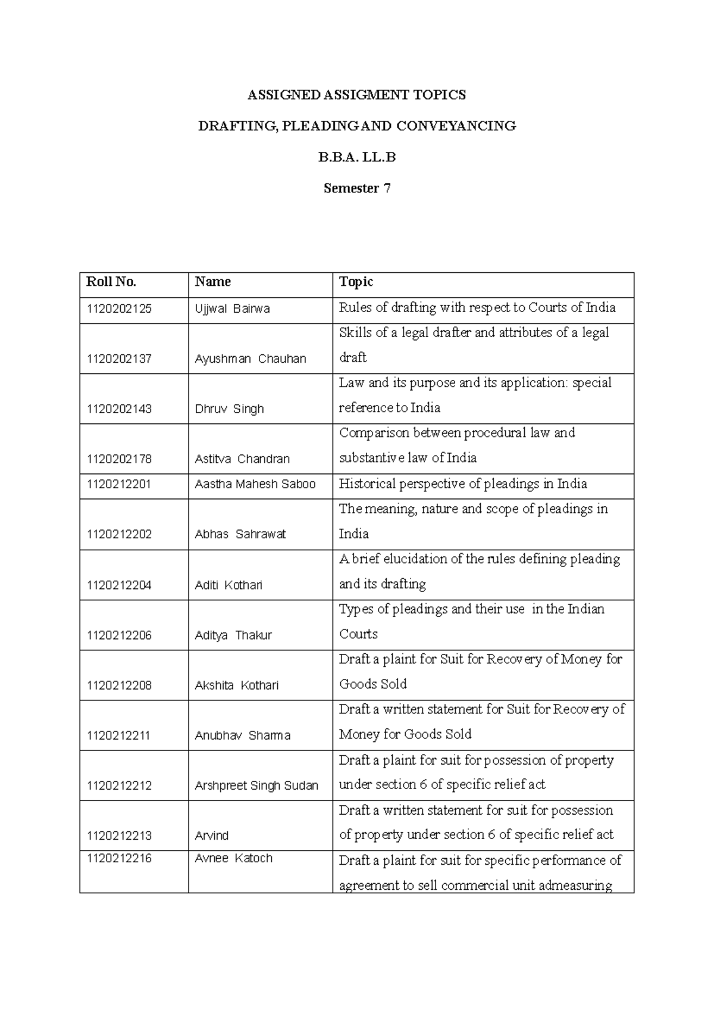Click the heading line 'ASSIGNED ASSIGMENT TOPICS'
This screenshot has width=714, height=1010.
tap(356, 95)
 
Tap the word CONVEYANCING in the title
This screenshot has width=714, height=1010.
tap(456, 126)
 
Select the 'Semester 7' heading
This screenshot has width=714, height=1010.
tap(356, 188)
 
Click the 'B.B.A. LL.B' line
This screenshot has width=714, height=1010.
tap(356, 157)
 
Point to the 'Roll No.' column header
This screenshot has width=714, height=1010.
tap(111, 282)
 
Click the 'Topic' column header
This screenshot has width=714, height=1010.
tap(356, 282)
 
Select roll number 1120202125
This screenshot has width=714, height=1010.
tap(119, 308)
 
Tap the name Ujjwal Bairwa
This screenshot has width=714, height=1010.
tap(232, 308)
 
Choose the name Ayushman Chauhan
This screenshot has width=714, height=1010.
tap(250, 359)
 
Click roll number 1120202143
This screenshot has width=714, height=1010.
tap(119, 409)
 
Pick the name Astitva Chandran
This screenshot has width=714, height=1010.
tap(242, 459)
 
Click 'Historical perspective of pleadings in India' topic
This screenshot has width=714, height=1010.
tap(462, 484)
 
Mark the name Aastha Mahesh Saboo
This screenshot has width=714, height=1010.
tap(255, 484)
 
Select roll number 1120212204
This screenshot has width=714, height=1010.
tap(119, 585)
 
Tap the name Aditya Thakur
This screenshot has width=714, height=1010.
tap(233, 635)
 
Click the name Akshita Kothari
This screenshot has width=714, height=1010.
tap(236, 685)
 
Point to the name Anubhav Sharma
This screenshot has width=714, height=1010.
tap(242, 735)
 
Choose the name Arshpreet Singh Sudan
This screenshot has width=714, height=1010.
tap(256, 785)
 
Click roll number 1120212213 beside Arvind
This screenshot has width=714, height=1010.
tap(119, 835)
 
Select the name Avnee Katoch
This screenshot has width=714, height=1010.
tap(233, 858)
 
